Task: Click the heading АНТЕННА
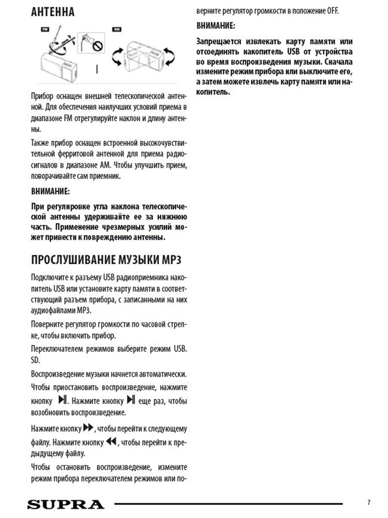click(53, 12)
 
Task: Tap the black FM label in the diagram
click(44, 29)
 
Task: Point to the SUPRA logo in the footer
click(66, 504)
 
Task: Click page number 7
click(369, 502)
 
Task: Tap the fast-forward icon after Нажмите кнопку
click(88, 428)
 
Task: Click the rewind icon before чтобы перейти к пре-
click(111, 442)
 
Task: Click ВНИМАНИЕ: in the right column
click(216, 26)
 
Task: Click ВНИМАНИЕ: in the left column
click(50, 191)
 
